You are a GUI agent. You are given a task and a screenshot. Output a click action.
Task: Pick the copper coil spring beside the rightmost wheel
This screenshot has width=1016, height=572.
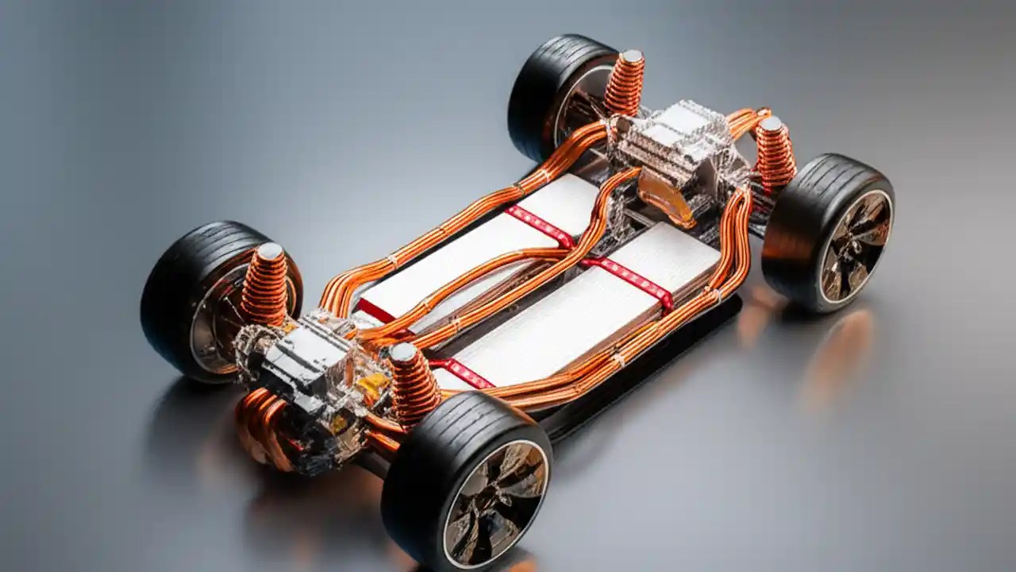[x=775, y=155]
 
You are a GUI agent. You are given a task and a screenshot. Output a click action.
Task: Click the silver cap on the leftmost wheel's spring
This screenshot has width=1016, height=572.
[x=270, y=251]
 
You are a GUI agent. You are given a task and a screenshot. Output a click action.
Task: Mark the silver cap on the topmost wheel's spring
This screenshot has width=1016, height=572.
[x=632, y=57]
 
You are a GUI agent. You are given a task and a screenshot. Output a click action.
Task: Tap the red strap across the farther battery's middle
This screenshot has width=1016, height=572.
[x=540, y=226]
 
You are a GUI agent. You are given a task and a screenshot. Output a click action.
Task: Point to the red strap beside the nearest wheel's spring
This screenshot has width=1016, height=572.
[x=464, y=372]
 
